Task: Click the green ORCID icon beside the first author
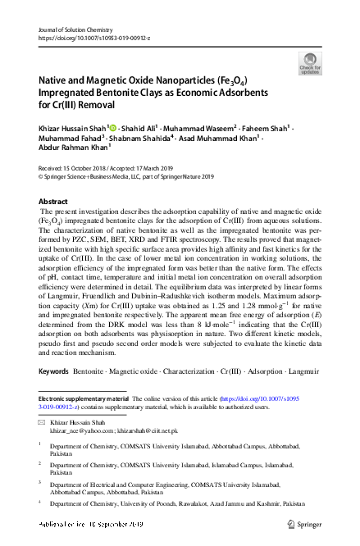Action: [x=112, y=127]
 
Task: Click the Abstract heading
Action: [x=54, y=201]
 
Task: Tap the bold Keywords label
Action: [x=53, y=371]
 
